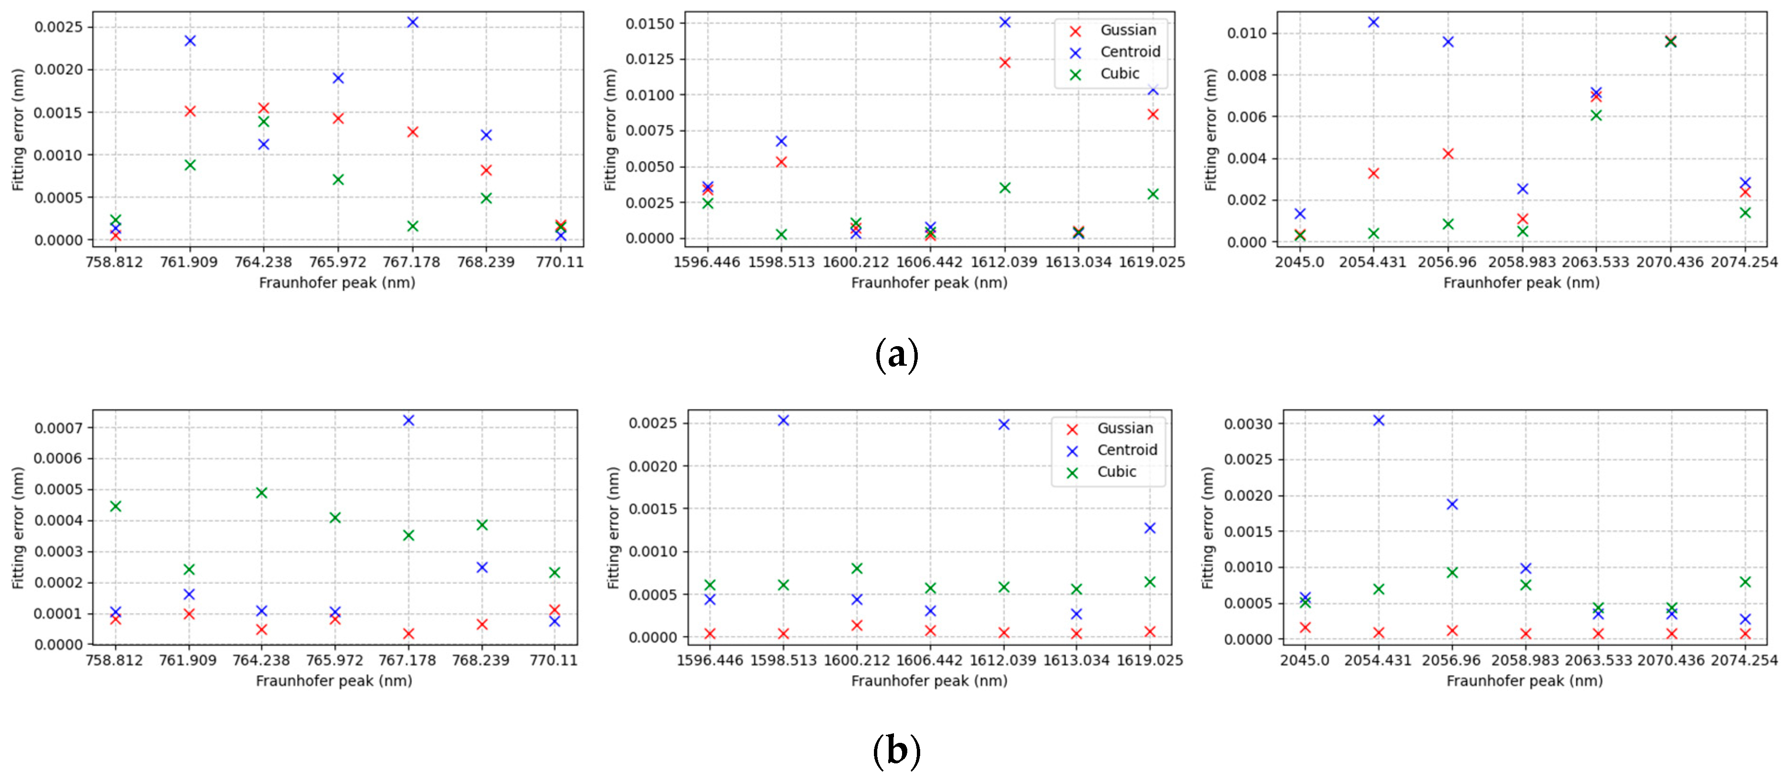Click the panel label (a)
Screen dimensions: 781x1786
[896, 355]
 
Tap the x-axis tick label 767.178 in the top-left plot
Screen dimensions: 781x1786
[412, 262]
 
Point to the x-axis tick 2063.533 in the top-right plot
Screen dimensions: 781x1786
[1595, 262]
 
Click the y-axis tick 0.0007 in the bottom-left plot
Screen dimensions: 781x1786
[58, 428]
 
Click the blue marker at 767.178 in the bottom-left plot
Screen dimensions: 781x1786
[409, 421]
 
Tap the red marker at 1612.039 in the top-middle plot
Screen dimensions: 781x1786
[1005, 62]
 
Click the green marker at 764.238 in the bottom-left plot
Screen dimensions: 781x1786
[261, 493]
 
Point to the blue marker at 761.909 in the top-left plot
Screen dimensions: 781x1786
[190, 41]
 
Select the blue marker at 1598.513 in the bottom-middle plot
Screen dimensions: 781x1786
[783, 421]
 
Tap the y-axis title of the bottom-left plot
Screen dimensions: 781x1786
[18, 528]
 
